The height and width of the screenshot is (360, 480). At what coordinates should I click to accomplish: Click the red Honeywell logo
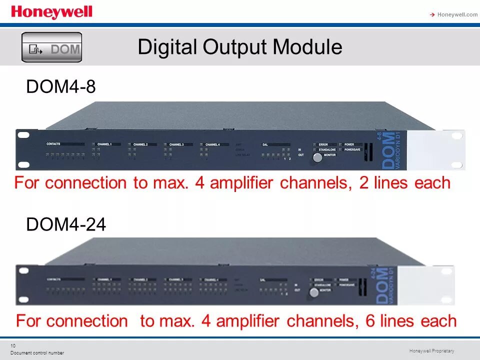coord(51,12)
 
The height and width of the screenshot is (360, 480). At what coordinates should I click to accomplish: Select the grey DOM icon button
coord(51,47)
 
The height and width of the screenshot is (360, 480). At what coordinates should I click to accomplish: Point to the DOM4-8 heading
coord(60,87)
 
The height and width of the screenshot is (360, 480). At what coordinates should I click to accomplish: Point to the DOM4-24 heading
coord(65,225)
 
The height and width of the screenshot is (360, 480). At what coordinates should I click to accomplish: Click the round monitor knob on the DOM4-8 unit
coord(317,157)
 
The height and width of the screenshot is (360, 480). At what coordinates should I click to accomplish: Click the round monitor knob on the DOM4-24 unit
coord(313,292)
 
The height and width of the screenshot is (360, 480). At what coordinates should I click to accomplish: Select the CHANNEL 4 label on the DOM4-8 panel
coord(212,144)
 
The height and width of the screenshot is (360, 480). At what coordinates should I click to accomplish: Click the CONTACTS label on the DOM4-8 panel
coord(53,144)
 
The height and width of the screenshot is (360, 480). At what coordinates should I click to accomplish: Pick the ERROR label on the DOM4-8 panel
coord(323,144)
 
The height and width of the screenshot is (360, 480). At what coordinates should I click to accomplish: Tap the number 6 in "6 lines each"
coord(370,321)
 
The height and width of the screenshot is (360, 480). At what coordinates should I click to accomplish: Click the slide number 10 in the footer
coord(13,346)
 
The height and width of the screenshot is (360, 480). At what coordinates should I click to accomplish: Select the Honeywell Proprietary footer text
coord(431,351)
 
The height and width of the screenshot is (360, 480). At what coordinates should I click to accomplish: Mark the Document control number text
coord(37,353)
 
